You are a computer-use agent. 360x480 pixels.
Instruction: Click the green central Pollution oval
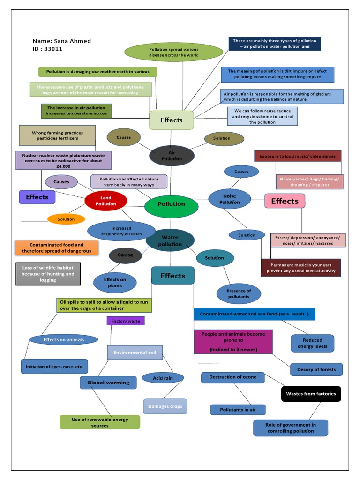click(171, 204)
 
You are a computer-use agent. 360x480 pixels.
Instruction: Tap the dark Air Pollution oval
click(172, 156)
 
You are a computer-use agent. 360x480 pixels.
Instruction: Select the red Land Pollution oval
click(106, 201)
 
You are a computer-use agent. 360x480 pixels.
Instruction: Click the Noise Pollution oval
click(230, 199)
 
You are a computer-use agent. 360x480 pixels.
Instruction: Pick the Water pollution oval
click(170, 241)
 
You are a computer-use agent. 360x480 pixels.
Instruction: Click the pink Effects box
click(285, 201)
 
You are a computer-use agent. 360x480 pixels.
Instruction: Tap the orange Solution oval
click(66, 219)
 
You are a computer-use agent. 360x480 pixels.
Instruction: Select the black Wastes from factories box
click(311, 394)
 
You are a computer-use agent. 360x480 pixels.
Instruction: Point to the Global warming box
click(108, 382)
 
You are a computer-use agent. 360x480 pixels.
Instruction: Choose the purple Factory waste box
click(126, 321)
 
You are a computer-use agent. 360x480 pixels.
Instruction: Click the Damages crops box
click(165, 406)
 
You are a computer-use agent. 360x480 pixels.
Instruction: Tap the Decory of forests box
click(316, 369)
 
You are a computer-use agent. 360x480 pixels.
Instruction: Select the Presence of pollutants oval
click(239, 293)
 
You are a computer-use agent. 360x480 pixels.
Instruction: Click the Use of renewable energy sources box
click(100, 422)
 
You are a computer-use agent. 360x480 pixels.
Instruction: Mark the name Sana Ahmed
click(74, 41)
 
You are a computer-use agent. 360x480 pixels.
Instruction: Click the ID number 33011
click(53, 49)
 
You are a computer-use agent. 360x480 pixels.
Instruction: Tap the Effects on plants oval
click(115, 283)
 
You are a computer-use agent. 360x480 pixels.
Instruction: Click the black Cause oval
click(125, 255)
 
